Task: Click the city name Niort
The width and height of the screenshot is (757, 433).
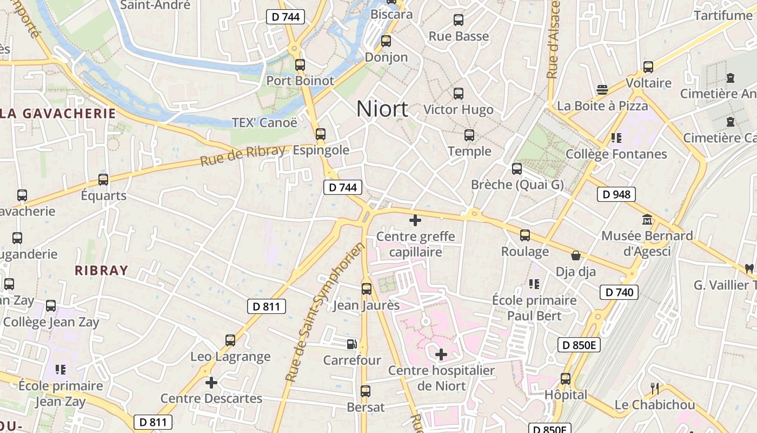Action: click(382, 109)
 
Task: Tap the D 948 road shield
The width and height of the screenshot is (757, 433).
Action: click(616, 194)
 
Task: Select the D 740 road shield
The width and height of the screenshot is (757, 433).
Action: click(619, 292)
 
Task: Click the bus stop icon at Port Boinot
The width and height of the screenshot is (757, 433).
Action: click(300, 65)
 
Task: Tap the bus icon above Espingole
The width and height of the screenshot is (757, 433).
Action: click(321, 134)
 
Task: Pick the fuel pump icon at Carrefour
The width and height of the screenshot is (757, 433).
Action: click(351, 344)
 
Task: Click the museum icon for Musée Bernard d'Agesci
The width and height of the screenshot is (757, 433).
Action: click(647, 220)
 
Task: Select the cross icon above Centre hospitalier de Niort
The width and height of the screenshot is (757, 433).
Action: click(441, 355)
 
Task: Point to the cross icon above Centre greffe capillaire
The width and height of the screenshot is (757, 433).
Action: click(415, 220)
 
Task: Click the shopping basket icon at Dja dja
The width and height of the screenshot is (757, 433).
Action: click(576, 255)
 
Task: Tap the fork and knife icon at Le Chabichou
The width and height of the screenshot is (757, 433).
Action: click(655, 388)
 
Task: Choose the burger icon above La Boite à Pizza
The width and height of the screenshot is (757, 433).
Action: click(602, 90)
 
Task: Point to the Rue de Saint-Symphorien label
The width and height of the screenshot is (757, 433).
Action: click(324, 312)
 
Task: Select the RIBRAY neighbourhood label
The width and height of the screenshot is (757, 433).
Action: click(102, 271)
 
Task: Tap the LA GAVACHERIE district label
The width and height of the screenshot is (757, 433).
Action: click(58, 114)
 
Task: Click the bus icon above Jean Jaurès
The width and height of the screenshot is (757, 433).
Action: click(367, 289)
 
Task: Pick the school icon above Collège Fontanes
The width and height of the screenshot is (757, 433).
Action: click(616, 138)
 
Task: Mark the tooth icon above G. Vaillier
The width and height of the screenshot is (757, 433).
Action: click(749, 268)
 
